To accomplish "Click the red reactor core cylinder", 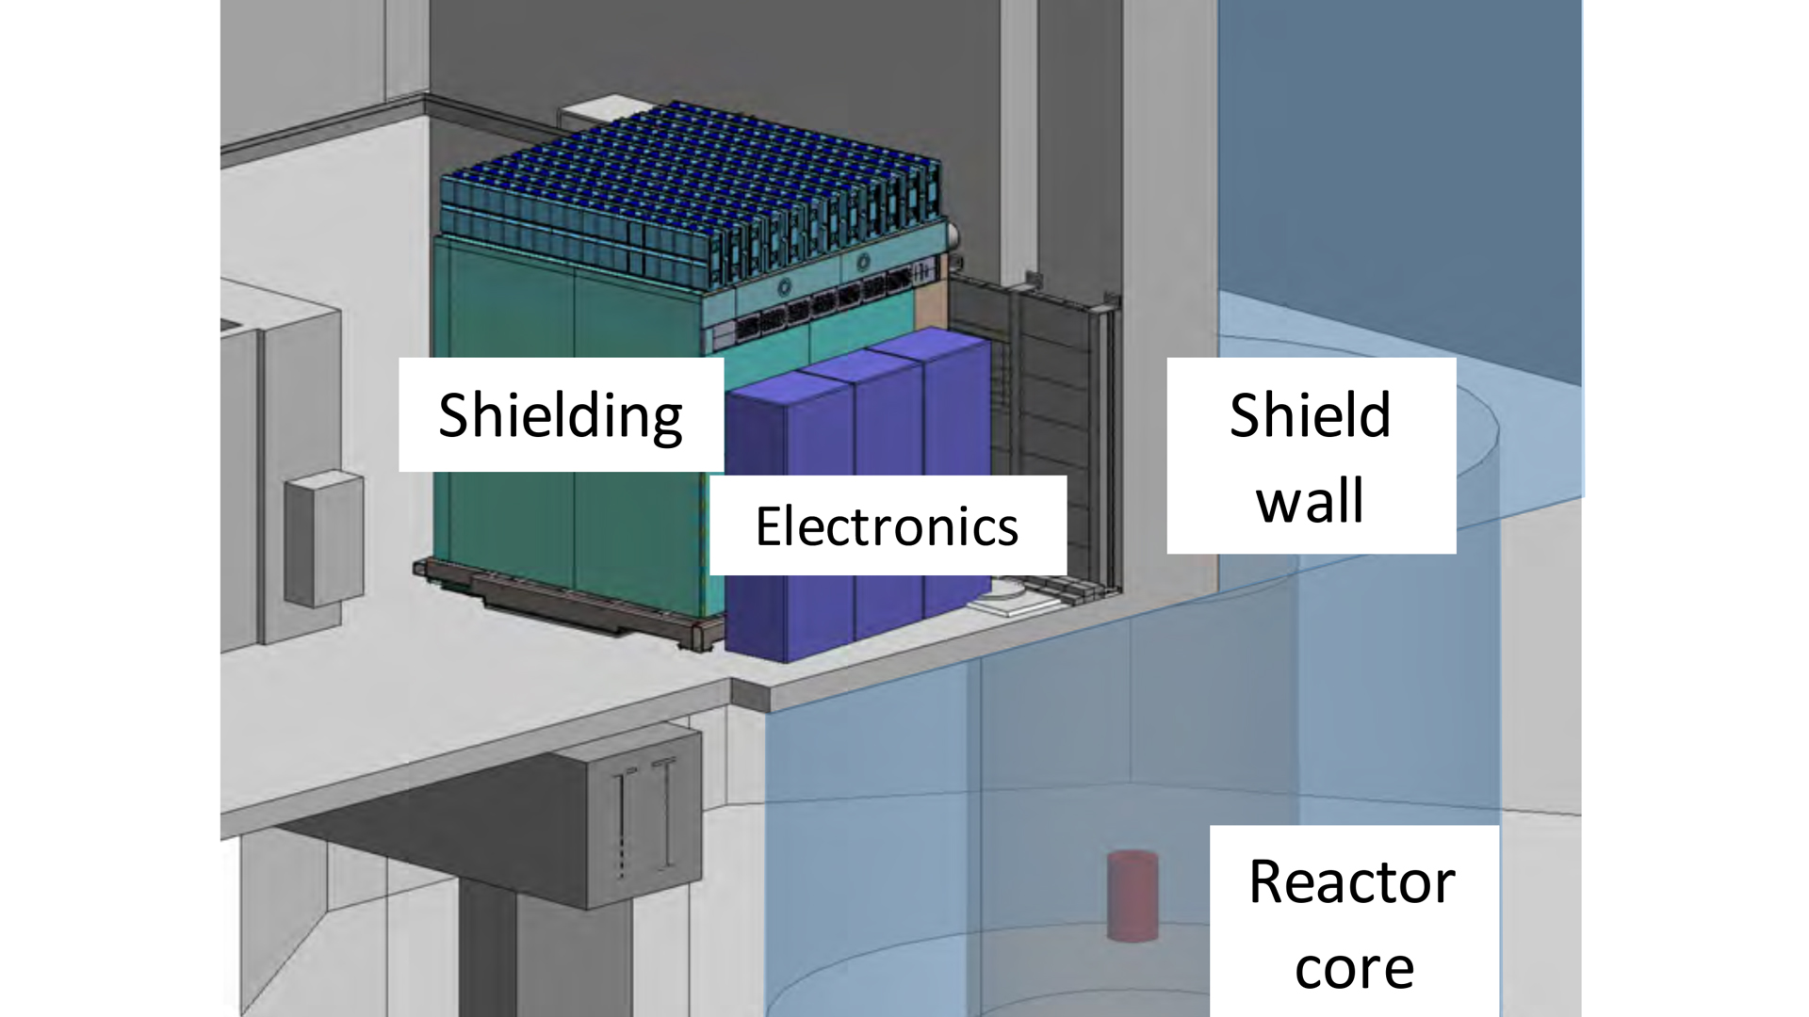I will pos(1132,896).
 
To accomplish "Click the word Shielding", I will pos(561,415).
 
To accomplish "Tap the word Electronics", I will pos(887,526).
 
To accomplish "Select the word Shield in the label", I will pos(1310,415).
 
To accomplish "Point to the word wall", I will pos(1310,501).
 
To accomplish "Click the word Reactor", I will pos(1352,882).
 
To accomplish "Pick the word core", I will pos(1354,968).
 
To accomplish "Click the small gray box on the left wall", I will pos(323,539).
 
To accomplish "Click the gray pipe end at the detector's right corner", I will pos(953,235).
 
